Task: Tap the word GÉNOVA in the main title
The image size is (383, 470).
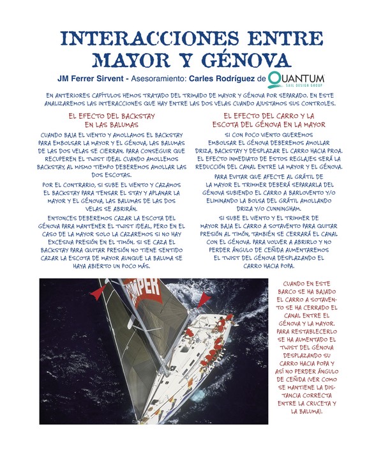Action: (x=244, y=61)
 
